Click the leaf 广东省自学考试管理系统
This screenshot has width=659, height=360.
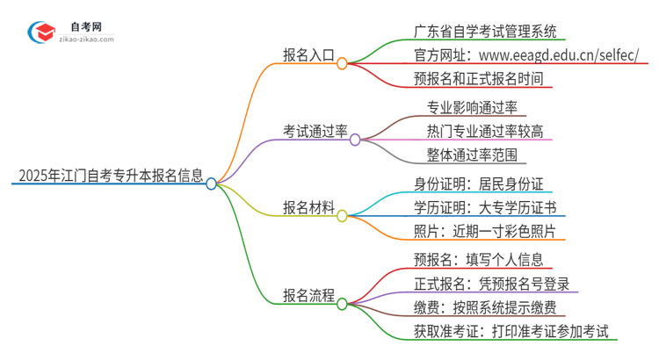pyautogui.click(x=484, y=32)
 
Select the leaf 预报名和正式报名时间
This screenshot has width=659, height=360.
pyautogui.click(x=483, y=78)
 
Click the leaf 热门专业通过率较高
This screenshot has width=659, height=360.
pyautogui.click(x=485, y=131)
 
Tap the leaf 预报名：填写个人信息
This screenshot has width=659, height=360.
pyautogui.click(x=482, y=261)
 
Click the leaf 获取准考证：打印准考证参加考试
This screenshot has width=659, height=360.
pyautogui.click(x=516, y=332)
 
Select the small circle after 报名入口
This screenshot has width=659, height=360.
pyautogui.click(x=343, y=63)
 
